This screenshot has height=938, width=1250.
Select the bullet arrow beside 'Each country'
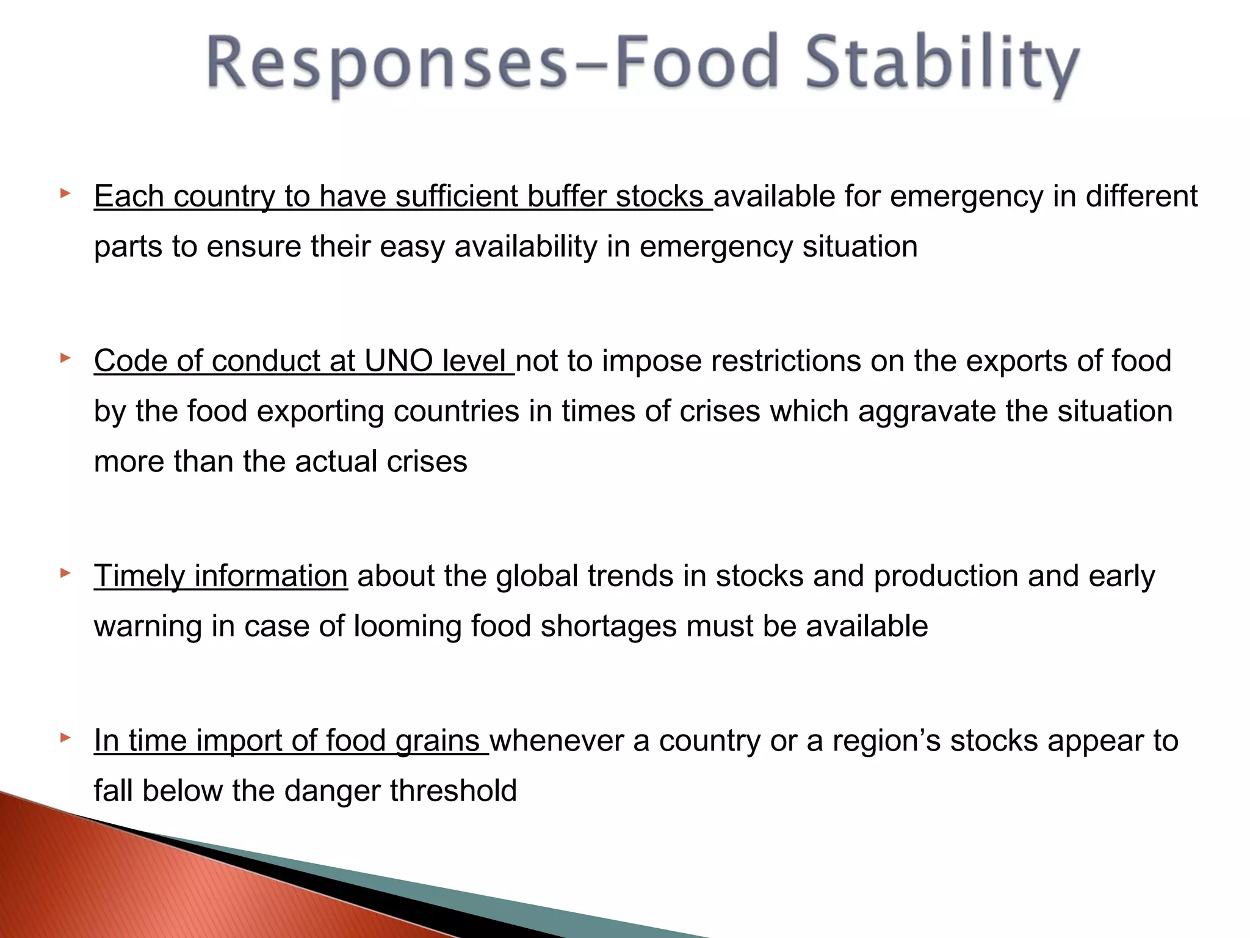(65, 194)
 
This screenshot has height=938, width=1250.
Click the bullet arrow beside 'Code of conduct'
(65, 358)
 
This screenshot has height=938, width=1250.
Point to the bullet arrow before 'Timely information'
(65, 573)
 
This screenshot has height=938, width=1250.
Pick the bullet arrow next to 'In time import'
(65, 738)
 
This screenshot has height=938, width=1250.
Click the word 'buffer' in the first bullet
(566, 197)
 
